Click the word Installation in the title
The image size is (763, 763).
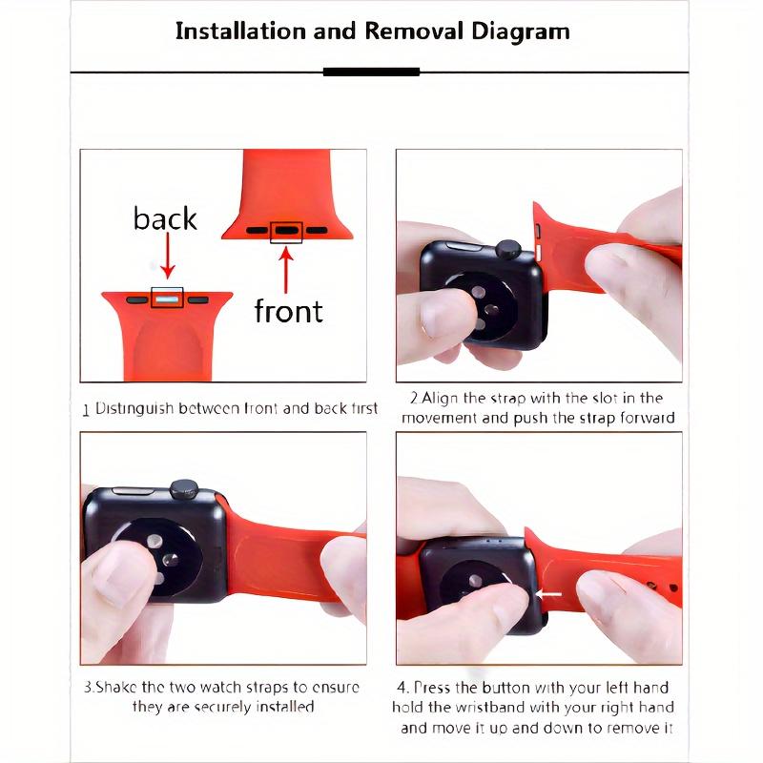[x=241, y=31]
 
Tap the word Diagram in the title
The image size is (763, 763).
[x=520, y=32]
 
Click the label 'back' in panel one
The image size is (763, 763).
[x=165, y=218]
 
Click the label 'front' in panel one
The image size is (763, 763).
[x=289, y=311]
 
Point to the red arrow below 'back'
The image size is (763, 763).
[x=168, y=256]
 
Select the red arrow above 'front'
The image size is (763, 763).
[x=286, y=271]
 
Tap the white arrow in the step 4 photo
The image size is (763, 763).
[x=548, y=593]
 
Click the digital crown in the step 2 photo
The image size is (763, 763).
[x=508, y=249]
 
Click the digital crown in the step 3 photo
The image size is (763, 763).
[x=184, y=489]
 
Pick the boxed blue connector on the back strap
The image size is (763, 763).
[x=167, y=299]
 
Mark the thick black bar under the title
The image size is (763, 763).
[x=371, y=72]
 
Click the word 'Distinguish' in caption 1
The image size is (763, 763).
[x=134, y=409]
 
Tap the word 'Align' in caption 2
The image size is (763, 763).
[x=440, y=399]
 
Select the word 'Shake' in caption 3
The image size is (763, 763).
[x=115, y=687]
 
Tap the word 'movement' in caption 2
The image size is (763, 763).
[x=440, y=419]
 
